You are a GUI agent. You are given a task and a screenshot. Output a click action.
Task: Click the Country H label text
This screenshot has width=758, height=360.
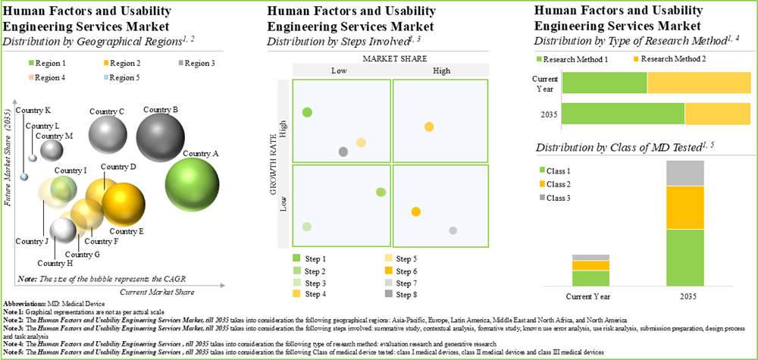click(x=55, y=263)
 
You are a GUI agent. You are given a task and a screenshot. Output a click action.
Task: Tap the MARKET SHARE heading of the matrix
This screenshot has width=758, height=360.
click(x=389, y=58)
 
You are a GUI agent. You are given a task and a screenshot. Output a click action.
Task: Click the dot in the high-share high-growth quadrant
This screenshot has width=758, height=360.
click(x=429, y=127)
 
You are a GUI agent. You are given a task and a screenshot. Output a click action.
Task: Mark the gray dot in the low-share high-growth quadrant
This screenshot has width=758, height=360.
click(x=343, y=152)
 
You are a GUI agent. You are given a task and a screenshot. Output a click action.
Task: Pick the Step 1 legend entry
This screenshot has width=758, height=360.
click(x=311, y=258)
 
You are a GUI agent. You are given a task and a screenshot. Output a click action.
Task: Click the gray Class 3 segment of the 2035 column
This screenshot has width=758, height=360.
click(x=684, y=173)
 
